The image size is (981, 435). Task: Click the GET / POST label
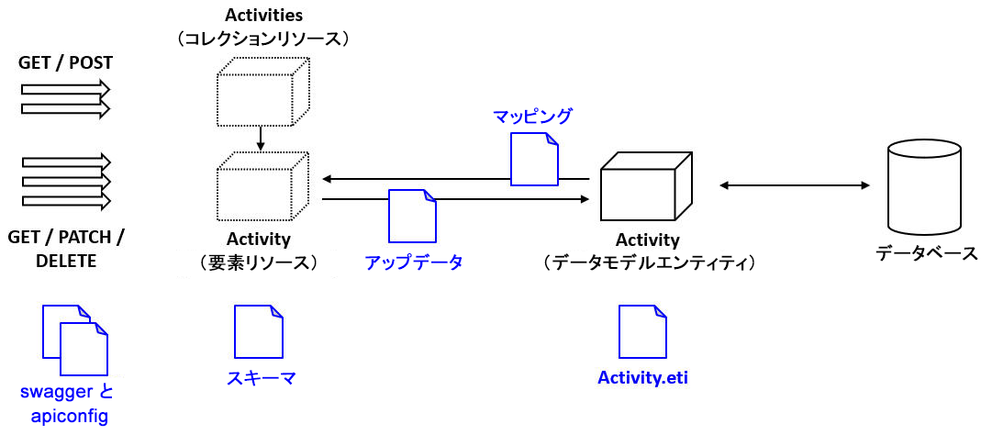66,63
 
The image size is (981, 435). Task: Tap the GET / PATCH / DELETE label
66,249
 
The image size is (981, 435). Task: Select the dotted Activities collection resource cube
262,92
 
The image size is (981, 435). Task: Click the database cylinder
924,186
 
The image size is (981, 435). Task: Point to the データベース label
926,253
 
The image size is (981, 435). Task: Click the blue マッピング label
532,117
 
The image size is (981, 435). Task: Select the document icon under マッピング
534,158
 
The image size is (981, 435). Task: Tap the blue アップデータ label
413,262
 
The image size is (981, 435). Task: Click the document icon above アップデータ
412,216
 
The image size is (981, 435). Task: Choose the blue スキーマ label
262,378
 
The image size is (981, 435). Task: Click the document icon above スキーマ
259,331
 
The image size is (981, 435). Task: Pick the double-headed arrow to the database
795,186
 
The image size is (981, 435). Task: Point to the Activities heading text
263,16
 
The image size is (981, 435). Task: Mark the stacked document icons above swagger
75,340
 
